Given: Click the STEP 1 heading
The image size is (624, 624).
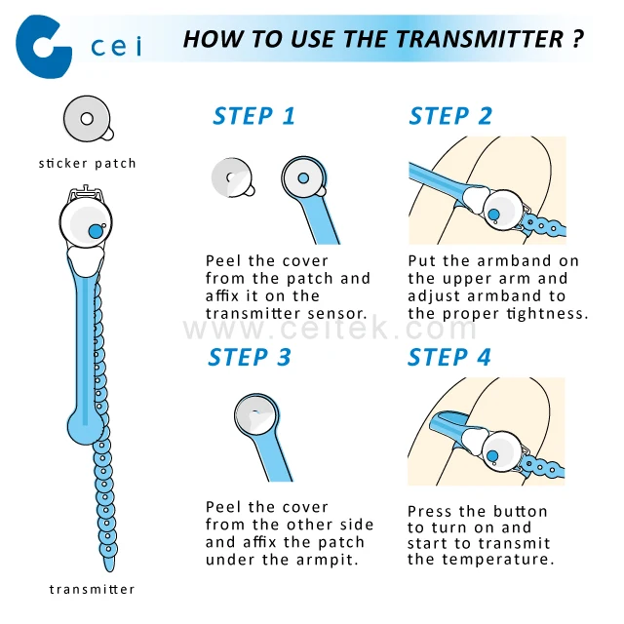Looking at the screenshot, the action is [253, 116].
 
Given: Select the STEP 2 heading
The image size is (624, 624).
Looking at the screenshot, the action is [450, 116].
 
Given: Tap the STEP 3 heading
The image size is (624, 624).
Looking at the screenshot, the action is [250, 358].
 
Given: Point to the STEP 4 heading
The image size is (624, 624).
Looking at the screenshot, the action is [448, 358].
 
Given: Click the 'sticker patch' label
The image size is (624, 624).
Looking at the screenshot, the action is [88, 163].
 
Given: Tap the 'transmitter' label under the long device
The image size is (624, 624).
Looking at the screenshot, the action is [93, 589].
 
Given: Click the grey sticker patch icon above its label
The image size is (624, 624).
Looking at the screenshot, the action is [88, 119].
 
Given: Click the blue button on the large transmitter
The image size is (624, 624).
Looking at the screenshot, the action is [96, 231].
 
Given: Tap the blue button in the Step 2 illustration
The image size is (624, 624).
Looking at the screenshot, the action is [493, 214].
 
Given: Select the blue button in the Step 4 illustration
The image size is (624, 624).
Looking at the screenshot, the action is [493, 455].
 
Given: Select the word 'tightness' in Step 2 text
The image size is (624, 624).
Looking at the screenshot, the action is [551, 314].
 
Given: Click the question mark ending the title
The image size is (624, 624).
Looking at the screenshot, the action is [579, 40].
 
